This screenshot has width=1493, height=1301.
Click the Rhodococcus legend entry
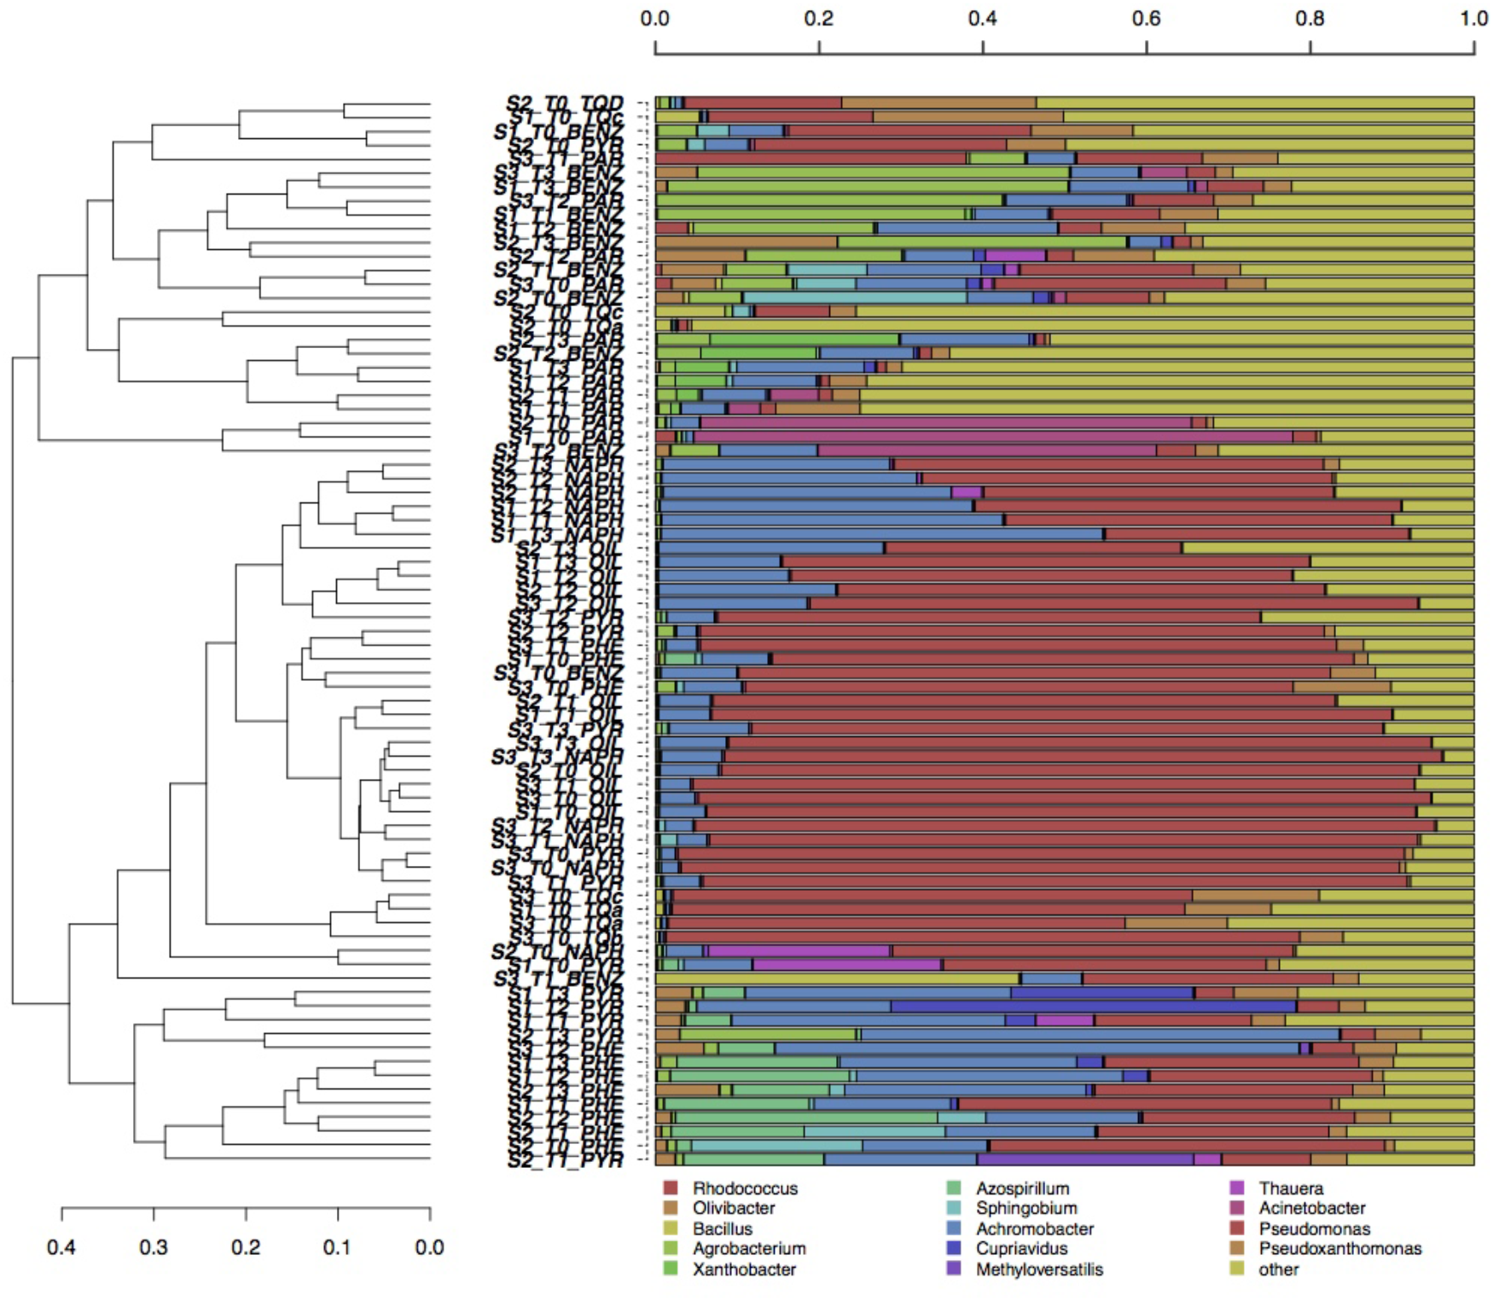[744, 1188]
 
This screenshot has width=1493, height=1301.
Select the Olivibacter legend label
[733, 1208]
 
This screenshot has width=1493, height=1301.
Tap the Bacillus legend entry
[722, 1228]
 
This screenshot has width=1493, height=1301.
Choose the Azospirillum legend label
[1022, 1188]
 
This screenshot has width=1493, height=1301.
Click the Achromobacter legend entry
[1034, 1228]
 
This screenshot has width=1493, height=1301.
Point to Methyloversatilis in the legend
[1039, 1269]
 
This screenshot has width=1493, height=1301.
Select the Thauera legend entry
[1290, 1188]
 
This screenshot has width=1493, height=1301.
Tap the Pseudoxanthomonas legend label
[1339, 1249]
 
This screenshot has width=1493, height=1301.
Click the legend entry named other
[1278, 1269]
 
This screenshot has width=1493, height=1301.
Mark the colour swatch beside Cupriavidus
[955, 1249]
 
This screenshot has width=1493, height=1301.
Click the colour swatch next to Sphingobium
[955, 1208]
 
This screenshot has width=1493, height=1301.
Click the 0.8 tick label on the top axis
[1310, 19]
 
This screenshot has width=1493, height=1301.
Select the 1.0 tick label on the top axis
[1473, 19]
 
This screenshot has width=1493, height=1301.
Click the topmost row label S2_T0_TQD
[565, 103]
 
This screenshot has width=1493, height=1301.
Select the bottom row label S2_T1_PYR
[565, 1159]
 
